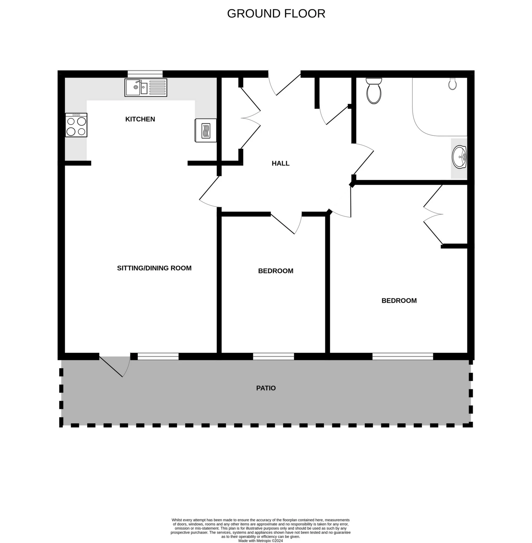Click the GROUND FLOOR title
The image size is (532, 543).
click(x=276, y=14)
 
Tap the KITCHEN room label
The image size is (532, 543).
click(x=140, y=119)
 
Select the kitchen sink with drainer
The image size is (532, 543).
click(x=145, y=88)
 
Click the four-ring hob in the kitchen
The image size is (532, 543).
click(x=76, y=125)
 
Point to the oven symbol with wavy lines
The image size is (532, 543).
click(x=206, y=130)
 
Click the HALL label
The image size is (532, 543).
click(x=280, y=163)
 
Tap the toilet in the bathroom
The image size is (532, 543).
click(x=374, y=91)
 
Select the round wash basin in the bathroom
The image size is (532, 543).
click(x=459, y=157)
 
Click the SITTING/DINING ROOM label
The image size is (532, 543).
click(x=154, y=268)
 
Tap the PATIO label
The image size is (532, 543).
click(x=266, y=388)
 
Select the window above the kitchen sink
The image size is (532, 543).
click(x=145, y=74)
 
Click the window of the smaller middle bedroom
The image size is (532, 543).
click(x=273, y=357)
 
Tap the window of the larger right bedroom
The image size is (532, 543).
click(x=402, y=357)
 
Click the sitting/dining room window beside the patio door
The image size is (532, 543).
click(x=158, y=357)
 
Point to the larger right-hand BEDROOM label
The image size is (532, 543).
click(x=399, y=301)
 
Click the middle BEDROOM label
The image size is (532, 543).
click(x=275, y=271)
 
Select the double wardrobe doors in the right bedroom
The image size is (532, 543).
click(x=433, y=214)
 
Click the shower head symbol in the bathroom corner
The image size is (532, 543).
click(x=452, y=83)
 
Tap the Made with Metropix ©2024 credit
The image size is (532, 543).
click(x=260, y=541)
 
